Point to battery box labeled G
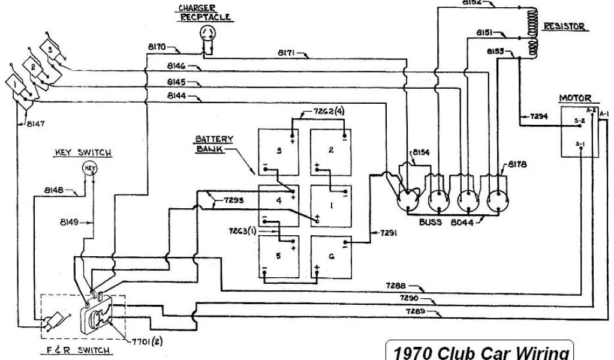pos(330,256)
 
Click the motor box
pos(579,132)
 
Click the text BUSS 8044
pos(447,222)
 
